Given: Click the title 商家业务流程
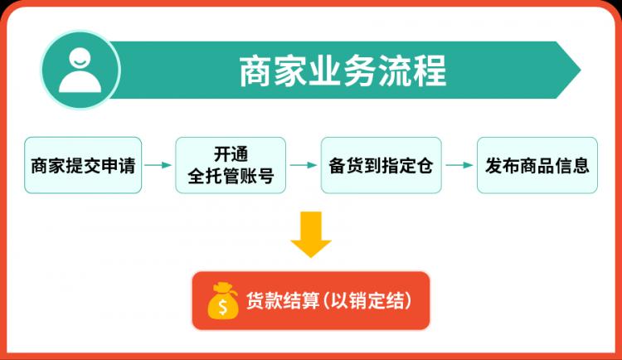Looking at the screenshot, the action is click(343, 71).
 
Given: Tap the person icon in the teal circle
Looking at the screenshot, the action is click(80, 71).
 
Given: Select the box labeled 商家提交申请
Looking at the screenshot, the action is click(83, 165).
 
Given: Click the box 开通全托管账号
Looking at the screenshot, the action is click(231, 165).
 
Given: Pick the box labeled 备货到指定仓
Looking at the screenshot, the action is click(381, 165).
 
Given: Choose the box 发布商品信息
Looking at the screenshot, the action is click(537, 165).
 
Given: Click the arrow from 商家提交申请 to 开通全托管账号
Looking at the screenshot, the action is click(158, 165).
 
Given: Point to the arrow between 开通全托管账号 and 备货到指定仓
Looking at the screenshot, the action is click(304, 165).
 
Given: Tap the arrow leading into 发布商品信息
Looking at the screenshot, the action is click(459, 165).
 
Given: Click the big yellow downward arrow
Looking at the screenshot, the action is click(311, 234).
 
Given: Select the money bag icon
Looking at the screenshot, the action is click(223, 300).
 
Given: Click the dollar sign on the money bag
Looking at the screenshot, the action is click(223, 307).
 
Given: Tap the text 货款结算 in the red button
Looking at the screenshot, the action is click(283, 300).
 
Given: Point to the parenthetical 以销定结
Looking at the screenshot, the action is click(367, 300).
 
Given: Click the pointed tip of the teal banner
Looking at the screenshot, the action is click(581, 71).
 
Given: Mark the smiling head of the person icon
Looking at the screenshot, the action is click(80, 58).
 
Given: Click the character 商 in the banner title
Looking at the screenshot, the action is click(255, 71).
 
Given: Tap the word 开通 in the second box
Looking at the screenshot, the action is click(231, 154).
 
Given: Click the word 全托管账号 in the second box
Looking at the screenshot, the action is click(231, 176).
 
